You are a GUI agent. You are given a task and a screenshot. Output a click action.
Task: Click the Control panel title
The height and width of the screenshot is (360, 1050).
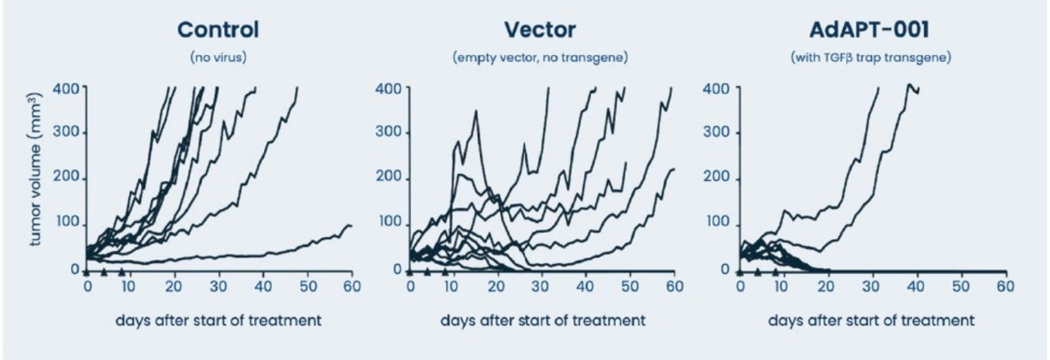point(218,30)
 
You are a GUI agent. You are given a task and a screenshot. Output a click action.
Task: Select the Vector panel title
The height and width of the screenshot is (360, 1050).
point(540,30)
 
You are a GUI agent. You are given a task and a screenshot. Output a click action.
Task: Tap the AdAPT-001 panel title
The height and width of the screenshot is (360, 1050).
point(870,30)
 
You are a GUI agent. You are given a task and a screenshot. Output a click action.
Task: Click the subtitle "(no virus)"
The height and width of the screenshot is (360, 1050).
point(218,57)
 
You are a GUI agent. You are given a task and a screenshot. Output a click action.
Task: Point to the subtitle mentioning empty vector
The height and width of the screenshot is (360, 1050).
point(540,57)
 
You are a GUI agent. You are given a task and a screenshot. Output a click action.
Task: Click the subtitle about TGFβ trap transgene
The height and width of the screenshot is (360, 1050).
point(871,57)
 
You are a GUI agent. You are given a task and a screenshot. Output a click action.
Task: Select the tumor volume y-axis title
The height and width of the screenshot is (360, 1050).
point(35,169)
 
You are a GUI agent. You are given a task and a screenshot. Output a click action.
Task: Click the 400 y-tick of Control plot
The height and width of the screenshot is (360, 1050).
point(66,88)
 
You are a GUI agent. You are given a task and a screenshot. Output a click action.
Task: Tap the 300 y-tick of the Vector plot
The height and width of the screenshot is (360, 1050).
point(388,132)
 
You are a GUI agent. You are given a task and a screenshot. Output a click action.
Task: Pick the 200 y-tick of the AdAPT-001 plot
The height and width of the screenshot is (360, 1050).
point(716,177)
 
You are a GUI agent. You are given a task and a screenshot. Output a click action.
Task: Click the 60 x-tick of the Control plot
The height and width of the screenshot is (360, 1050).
point(352,286)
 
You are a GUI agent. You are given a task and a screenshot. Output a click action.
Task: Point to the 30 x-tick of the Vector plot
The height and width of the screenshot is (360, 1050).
point(541,286)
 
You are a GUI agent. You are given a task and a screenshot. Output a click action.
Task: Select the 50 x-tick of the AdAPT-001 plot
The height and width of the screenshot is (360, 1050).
point(961,286)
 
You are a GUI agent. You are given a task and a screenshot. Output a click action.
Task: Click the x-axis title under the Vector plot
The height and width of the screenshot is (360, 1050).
point(543,321)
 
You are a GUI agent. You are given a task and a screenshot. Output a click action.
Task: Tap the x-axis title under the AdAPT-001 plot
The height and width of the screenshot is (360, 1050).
point(871,321)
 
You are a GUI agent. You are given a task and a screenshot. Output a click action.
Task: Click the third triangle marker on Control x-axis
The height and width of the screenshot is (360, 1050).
point(122,271)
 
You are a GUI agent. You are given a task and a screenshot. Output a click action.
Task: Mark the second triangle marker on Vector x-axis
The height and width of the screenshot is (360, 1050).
point(427,271)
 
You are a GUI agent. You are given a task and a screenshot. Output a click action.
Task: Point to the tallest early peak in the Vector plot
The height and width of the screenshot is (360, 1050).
point(477,111)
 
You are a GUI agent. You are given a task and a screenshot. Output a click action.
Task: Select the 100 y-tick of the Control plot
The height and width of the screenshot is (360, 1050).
point(66,222)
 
